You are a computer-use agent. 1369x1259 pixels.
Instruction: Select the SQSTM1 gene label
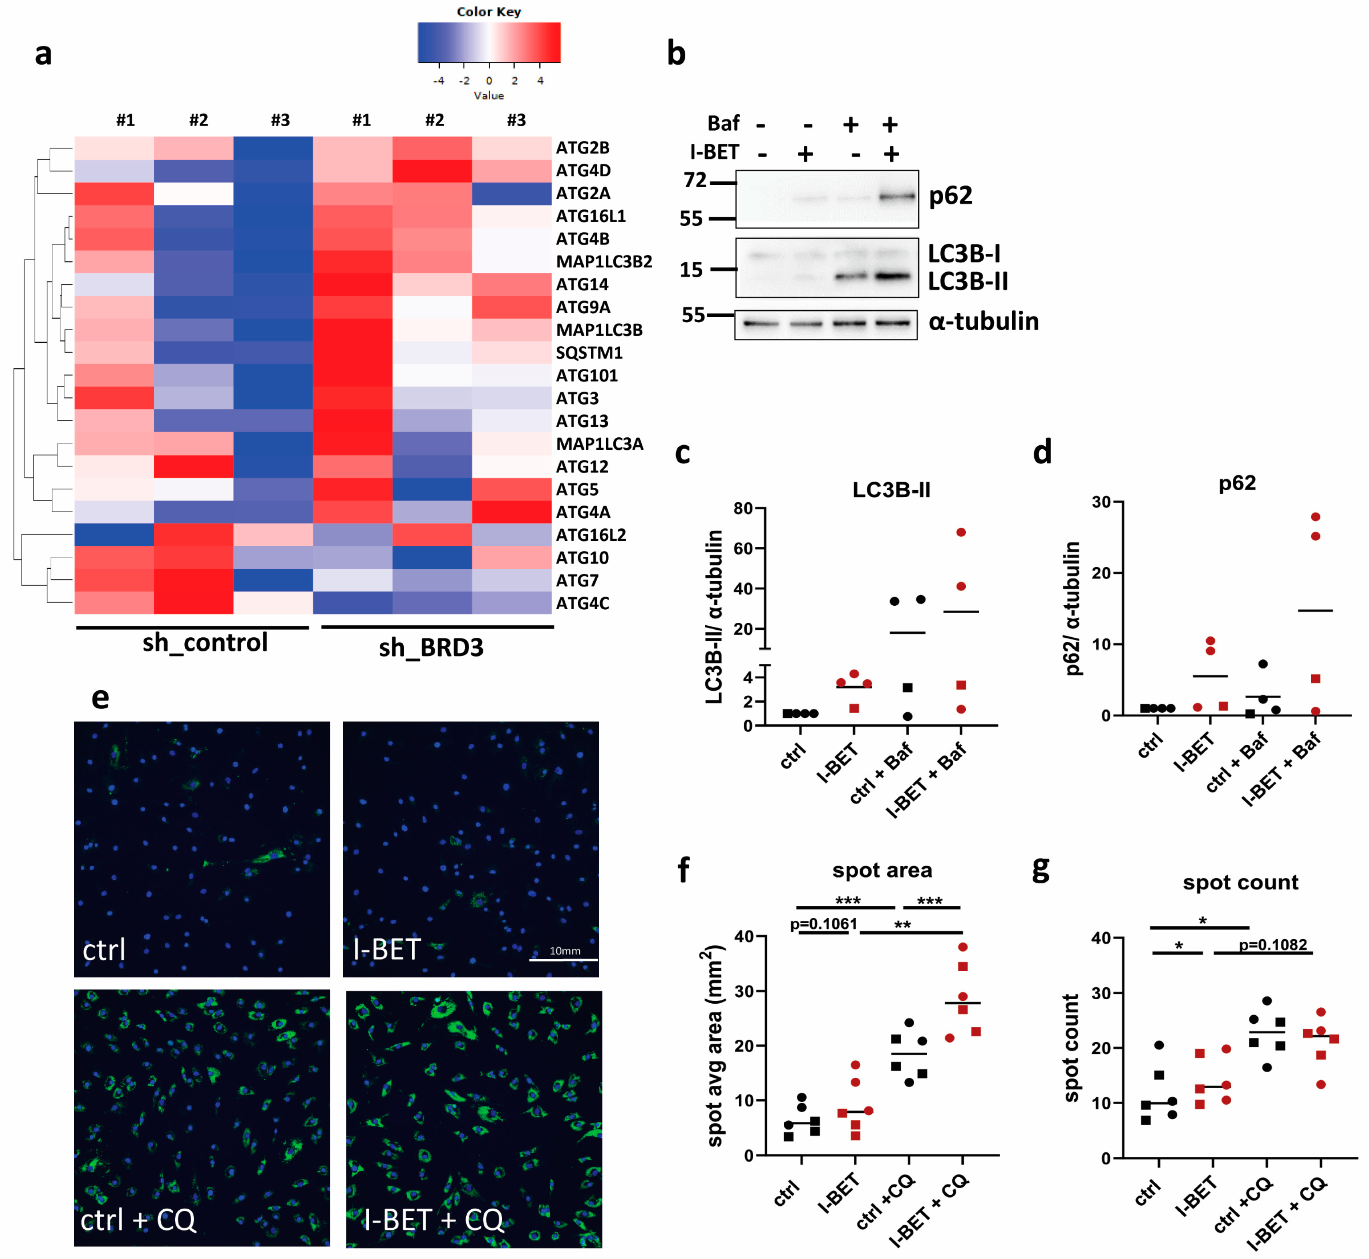pyautogui.click(x=589, y=353)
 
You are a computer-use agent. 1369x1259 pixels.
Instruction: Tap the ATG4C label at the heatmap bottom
pyautogui.click(x=582, y=604)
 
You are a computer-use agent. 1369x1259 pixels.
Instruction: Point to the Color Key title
pyautogui.click(x=489, y=12)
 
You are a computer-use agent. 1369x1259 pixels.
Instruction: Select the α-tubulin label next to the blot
pyautogui.click(x=983, y=321)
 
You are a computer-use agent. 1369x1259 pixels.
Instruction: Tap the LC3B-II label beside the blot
pyautogui.click(x=968, y=281)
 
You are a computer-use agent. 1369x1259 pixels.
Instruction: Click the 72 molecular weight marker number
pyautogui.click(x=695, y=180)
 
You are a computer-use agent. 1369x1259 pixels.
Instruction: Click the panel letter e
pyautogui.click(x=100, y=697)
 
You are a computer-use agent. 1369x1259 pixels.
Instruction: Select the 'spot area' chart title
pyautogui.click(x=882, y=870)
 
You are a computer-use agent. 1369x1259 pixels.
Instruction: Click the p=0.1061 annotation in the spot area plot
pyautogui.click(x=823, y=924)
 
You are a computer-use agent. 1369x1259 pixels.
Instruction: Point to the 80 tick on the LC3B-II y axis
pyautogui.click(x=743, y=508)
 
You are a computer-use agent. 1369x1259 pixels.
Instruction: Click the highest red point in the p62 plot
pyautogui.click(x=1315, y=517)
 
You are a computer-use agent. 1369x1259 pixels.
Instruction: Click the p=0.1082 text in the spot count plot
pyautogui.click(x=1273, y=945)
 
